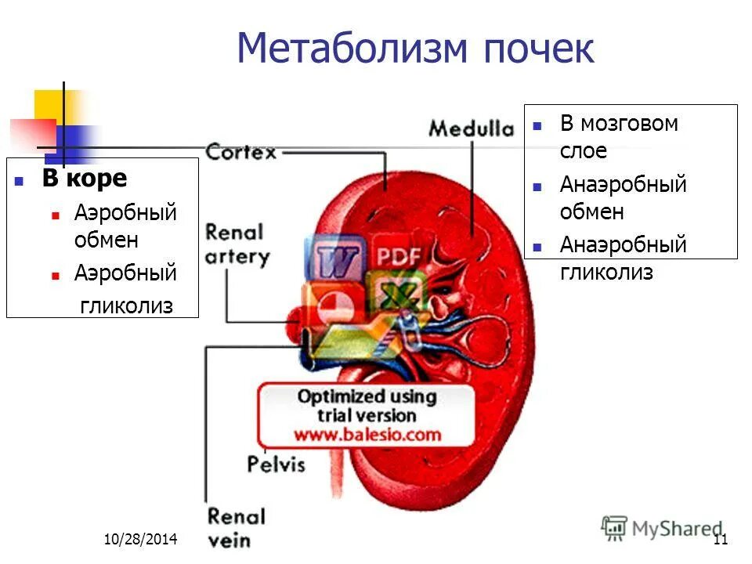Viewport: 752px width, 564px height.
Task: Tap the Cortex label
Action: tap(240, 150)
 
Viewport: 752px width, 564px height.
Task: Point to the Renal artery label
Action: tap(237, 244)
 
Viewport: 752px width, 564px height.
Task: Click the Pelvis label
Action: tap(276, 463)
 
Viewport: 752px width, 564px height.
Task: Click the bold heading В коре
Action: tap(84, 179)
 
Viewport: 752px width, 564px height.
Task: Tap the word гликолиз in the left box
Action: tap(126, 305)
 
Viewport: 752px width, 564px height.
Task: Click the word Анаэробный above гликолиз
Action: tap(623, 245)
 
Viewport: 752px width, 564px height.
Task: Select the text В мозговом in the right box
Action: tap(619, 124)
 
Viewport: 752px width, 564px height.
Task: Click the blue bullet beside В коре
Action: tap(20, 181)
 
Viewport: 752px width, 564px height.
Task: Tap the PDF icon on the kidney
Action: tap(398, 255)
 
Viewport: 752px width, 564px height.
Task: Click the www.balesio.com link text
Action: tap(367, 434)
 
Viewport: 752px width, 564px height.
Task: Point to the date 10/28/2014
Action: tap(141, 540)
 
